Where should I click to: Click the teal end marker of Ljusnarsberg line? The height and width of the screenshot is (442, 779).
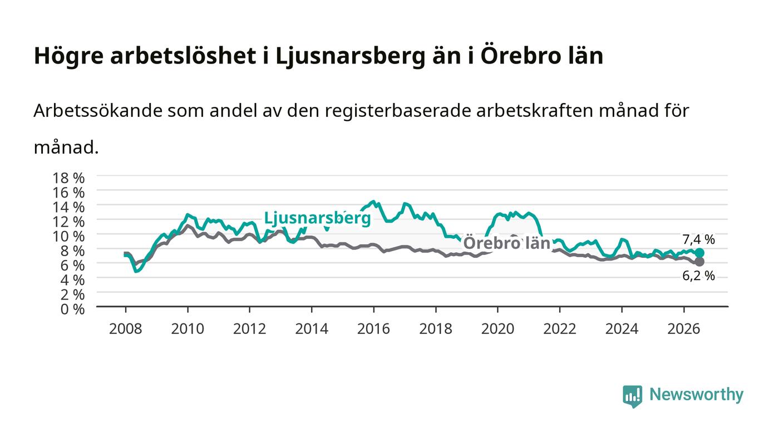click(699, 253)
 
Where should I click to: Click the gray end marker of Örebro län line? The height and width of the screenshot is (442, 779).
click(699, 262)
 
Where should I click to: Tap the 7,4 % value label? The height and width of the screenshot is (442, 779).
click(698, 239)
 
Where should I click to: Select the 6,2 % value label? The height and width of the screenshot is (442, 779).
click(698, 276)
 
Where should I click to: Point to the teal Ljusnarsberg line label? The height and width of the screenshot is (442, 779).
click(318, 218)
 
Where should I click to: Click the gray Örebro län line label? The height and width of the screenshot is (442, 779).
click(507, 243)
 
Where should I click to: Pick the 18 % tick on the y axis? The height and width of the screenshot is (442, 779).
click(68, 178)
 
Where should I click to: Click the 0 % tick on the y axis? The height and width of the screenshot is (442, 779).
click(72, 309)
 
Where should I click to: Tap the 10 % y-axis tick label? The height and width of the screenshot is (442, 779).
click(68, 237)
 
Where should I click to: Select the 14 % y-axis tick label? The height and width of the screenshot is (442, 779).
click(68, 208)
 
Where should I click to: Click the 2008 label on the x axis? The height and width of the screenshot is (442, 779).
click(126, 329)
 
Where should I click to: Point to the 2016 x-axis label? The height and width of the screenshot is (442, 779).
click(373, 329)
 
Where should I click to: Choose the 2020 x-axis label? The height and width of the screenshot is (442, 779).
click(497, 329)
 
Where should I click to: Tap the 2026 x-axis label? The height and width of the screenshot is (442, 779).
click(684, 329)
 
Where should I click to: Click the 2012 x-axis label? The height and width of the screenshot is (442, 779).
click(249, 329)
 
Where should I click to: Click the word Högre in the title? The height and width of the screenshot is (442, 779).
click(69, 56)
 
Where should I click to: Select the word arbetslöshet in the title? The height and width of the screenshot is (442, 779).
click(183, 55)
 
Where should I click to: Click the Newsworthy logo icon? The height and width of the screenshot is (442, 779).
click(632, 396)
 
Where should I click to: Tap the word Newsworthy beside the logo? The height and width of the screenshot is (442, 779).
click(696, 395)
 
